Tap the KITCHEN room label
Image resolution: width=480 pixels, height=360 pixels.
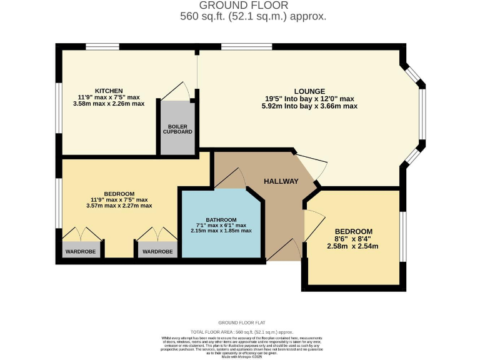[109, 91]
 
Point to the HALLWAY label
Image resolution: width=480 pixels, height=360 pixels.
[281, 181]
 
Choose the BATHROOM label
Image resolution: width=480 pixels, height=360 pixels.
[221, 219]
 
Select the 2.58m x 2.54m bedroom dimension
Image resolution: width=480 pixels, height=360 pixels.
[353, 246]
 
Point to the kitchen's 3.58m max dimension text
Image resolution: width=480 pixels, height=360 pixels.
[109, 104]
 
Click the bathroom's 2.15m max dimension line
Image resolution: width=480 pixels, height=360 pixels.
[221, 231]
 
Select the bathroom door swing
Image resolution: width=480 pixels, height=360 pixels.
[231, 179]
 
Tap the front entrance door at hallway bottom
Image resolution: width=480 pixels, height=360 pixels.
[283, 250]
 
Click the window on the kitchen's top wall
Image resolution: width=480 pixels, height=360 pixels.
[102, 46]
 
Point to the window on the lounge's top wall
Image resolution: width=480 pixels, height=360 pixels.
[246, 46]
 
